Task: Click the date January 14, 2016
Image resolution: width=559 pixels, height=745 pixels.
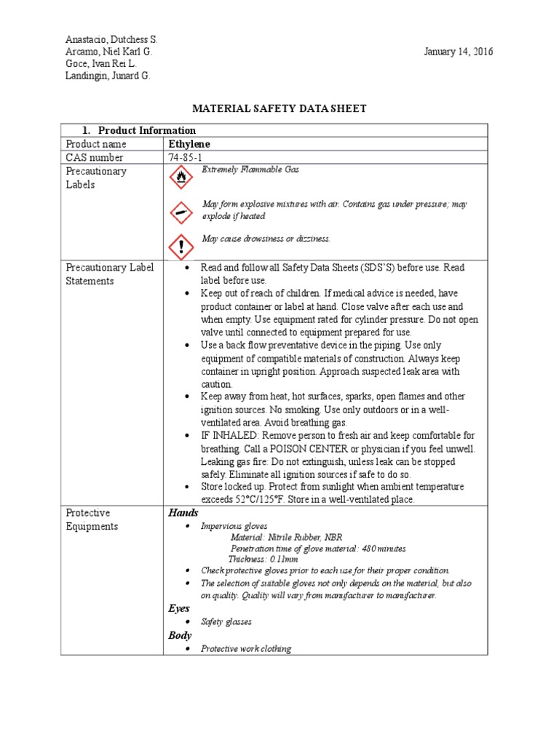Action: [459, 52]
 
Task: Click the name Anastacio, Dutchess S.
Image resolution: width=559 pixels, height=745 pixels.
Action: [111, 39]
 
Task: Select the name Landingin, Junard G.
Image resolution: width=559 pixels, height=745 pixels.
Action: [108, 76]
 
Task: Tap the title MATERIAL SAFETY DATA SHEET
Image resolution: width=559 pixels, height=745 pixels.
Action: [279, 108]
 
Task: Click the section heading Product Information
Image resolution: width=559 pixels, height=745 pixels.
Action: [146, 130]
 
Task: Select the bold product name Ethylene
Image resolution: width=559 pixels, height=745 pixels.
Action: [189, 144]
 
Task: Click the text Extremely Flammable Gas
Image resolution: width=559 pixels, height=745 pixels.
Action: [250, 170]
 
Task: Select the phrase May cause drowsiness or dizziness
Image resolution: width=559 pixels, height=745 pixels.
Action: [266, 239]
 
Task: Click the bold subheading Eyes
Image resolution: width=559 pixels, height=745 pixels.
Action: [179, 608]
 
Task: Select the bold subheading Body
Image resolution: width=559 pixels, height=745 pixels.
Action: [180, 635]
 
